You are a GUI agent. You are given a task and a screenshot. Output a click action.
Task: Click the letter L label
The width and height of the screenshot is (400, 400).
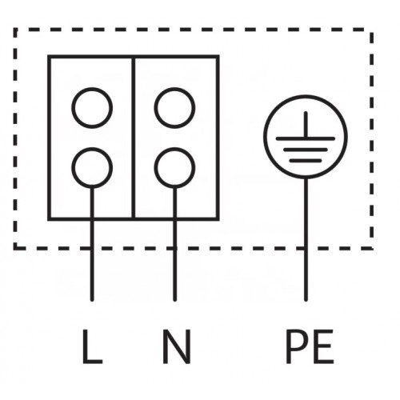[92, 346]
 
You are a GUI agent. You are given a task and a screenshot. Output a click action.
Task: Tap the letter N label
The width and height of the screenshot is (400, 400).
[177, 346]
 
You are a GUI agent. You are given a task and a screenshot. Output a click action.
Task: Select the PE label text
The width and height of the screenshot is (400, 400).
[310, 346]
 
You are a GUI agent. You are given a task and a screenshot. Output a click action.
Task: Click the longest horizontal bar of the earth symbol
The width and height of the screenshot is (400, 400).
[306, 138]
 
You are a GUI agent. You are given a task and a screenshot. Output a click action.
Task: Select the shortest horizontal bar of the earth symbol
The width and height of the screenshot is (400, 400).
[306, 161]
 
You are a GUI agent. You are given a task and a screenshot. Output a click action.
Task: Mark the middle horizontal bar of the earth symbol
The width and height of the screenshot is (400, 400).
[306, 150]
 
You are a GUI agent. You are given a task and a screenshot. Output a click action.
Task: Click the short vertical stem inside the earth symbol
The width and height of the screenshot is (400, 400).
[306, 125]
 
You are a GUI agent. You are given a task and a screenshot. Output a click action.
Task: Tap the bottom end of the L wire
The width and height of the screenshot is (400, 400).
[92, 300]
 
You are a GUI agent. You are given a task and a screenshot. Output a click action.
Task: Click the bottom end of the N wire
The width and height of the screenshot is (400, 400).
[174, 300]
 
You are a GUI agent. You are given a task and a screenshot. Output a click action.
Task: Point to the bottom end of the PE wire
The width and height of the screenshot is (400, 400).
[306, 300]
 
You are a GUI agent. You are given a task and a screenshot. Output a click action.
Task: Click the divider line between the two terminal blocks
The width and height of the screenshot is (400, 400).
[134, 138]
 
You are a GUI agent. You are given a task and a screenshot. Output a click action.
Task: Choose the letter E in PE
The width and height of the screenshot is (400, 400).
[325, 346]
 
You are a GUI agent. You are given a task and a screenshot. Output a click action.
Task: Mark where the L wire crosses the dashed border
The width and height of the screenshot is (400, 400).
[92, 248]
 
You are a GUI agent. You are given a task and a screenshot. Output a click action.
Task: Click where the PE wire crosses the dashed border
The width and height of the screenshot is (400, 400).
[306, 248]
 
